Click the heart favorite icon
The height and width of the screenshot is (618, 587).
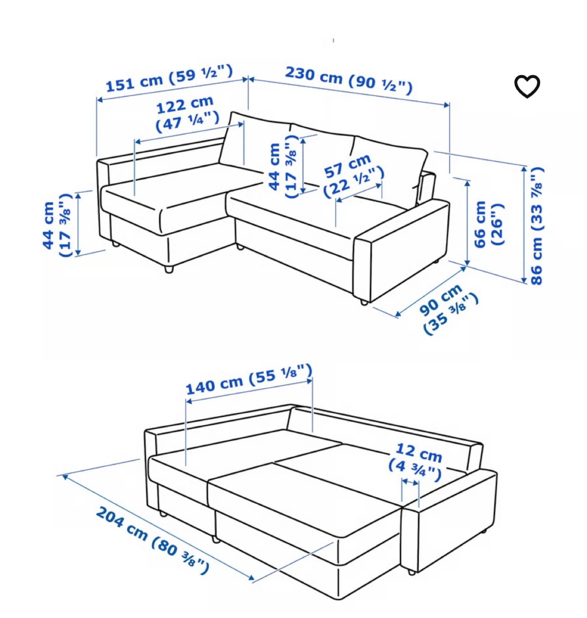[527, 86]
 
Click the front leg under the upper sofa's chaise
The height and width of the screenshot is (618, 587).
[169, 270]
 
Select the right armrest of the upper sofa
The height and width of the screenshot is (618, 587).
[402, 250]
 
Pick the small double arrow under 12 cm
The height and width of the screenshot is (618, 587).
[410, 481]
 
